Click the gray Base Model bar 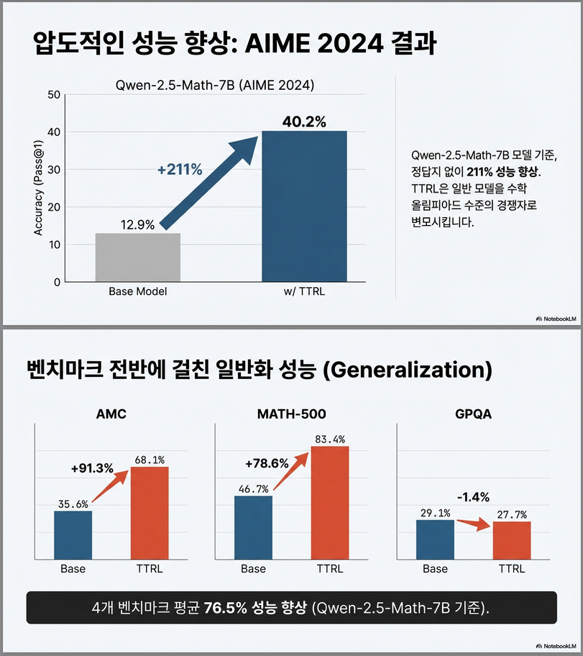137,257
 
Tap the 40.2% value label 304,122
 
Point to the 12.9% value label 137,224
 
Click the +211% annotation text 180,170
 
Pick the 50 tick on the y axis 54,94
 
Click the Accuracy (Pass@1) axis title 37,188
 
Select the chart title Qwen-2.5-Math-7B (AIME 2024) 214,85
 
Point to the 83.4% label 330,439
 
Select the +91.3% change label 92,468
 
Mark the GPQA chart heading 472,414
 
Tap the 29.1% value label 435,512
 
